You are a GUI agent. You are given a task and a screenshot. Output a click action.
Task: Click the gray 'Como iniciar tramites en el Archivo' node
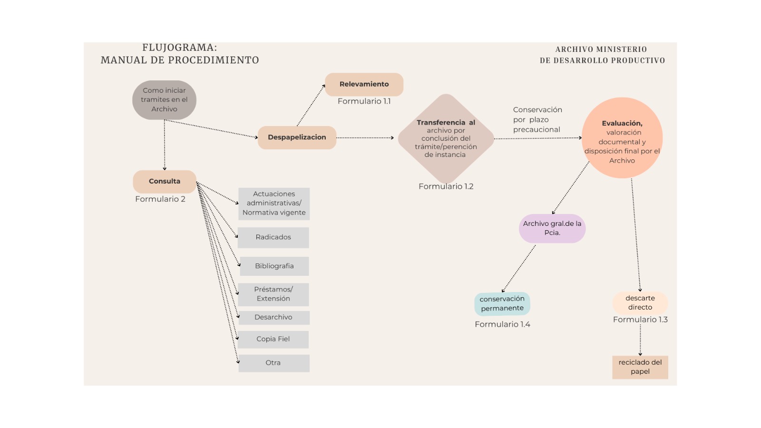click(x=164, y=100)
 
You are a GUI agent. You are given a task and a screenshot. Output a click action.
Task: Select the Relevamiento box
click(x=364, y=84)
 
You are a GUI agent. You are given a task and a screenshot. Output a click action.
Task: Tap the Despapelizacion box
click(x=297, y=137)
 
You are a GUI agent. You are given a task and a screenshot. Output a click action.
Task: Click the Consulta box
click(x=165, y=181)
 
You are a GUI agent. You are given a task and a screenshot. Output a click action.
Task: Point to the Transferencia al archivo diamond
click(x=446, y=138)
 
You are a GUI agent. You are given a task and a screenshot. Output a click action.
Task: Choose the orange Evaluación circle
click(x=622, y=138)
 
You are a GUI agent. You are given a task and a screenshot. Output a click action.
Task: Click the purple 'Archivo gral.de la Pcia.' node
click(x=552, y=228)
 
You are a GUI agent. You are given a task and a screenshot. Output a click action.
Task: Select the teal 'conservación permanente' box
click(x=502, y=303)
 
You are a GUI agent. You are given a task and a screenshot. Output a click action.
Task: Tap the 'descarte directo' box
click(x=640, y=302)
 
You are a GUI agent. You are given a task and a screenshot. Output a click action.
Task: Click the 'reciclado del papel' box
click(x=640, y=367)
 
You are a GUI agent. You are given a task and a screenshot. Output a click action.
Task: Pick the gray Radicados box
click(x=273, y=237)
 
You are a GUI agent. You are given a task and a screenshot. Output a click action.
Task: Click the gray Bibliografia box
click(x=274, y=266)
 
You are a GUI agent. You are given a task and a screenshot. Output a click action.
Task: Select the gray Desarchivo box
click(x=273, y=317)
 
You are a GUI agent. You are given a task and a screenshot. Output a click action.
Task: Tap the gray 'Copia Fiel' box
click(x=273, y=339)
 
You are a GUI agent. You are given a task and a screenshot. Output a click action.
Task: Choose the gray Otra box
click(x=273, y=363)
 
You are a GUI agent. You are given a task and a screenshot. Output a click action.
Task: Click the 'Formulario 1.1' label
click(x=364, y=101)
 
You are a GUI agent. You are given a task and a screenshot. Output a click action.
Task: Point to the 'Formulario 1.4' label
click(x=502, y=324)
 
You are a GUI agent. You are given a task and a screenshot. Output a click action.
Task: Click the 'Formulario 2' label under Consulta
click(x=160, y=199)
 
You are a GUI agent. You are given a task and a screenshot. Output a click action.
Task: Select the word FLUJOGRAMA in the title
click(x=179, y=48)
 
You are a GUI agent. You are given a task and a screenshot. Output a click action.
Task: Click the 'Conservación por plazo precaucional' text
click(x=537, y=119)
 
